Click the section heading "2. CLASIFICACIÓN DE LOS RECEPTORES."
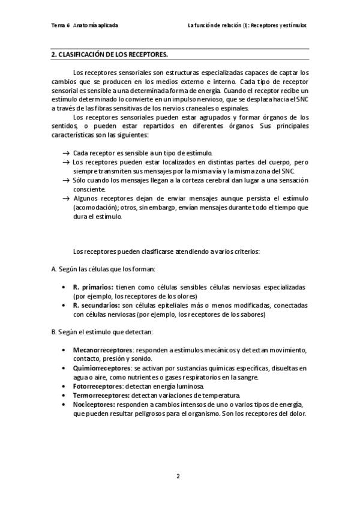[109, 55]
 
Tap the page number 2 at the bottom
[178, 476]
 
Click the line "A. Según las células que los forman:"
[103, 270]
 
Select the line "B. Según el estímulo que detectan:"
[102, 332]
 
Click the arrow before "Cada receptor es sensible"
[65, 154]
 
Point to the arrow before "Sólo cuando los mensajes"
[65, 181]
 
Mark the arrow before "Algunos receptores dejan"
[65, 199]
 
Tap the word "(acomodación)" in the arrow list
[96, 208]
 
